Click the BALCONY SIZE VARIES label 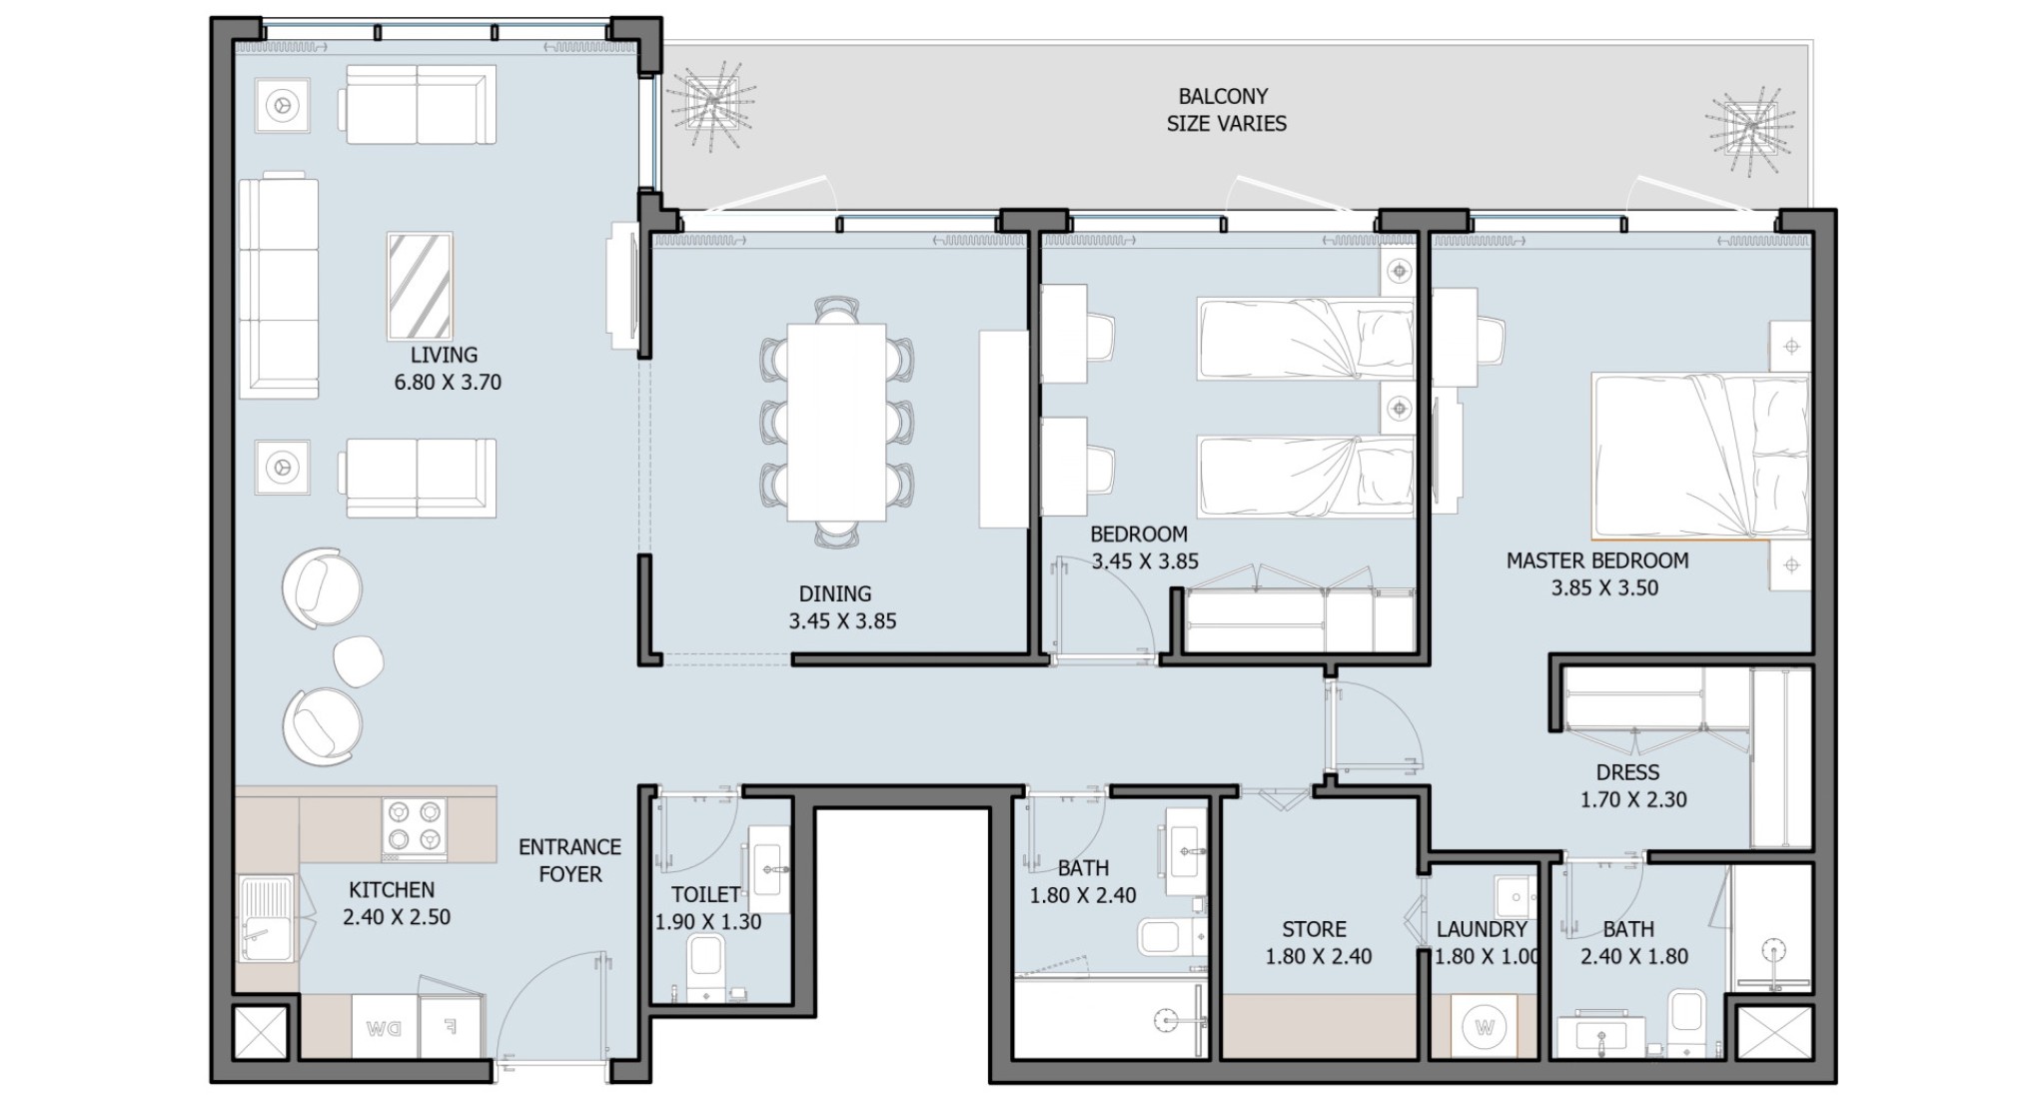(1226, 110)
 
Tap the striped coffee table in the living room (420, 286)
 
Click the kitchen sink (267, 918)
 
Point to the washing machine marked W (1484, 1026)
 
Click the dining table (836, 422)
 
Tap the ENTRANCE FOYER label (570, 860)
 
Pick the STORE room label (1314, 929)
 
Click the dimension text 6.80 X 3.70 (448, 382)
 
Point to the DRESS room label (1627, 772)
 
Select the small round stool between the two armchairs (358, 660)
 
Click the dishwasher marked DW (384, 1026)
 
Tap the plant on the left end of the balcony (710, 104)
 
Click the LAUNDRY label (1482, 929)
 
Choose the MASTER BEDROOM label (1597, 560)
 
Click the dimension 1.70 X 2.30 (1633, 799)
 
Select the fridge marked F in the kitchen (450, 1026)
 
